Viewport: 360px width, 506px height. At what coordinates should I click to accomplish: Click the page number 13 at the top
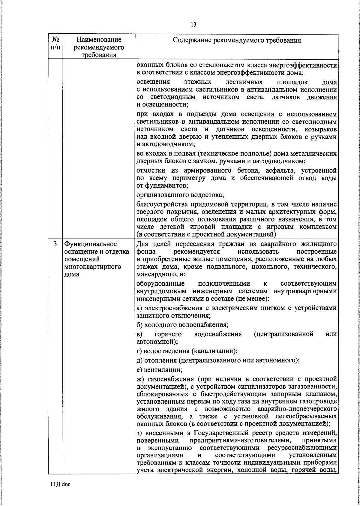[x=193, y=25]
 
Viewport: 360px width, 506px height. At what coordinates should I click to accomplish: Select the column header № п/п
[x=55, y=44]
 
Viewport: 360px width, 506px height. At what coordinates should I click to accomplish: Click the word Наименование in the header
[x=99, y=40]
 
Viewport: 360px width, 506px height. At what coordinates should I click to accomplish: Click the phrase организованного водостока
[x=180, y=195]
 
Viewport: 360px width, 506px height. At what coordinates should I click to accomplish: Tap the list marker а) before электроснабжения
[x=139, y=308]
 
